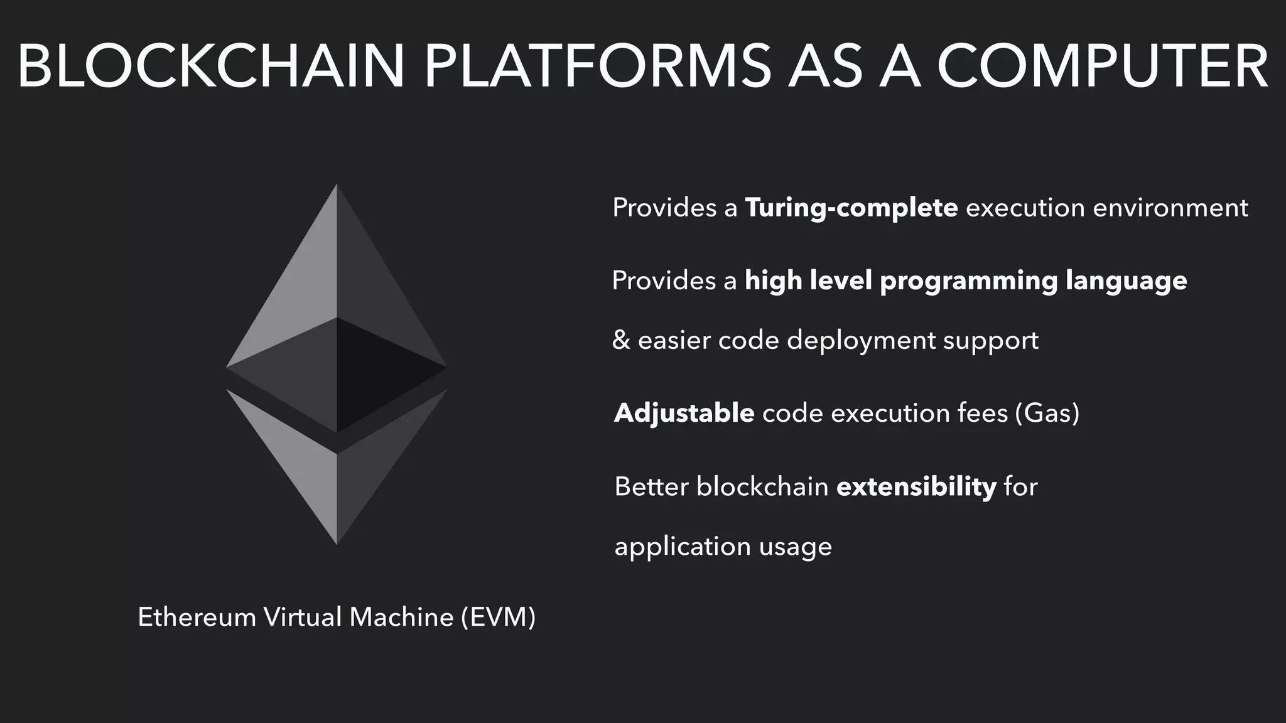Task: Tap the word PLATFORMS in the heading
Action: (597, 67)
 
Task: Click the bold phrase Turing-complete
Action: (851, 208)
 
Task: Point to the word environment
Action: (1170, 208)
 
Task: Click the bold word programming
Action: (968, 281)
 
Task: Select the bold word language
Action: (1127, 281)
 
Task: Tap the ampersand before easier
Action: (621, 340)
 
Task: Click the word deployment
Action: (862, 341)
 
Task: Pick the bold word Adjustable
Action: (684, 413)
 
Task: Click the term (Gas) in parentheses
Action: (1047, 413)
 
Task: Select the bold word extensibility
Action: (916, 486)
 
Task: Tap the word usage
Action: (795, 547)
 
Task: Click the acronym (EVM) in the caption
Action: (498, 618)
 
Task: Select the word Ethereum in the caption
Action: (197, 618)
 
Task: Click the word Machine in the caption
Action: (401, 618)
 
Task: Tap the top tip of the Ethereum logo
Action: (337, 186)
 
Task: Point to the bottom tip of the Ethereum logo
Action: (337, 543)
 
